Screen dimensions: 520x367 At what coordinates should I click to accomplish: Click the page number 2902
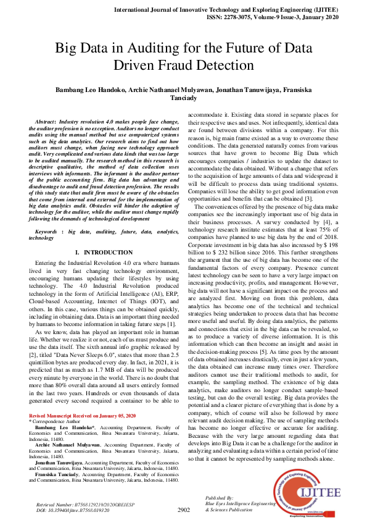(184, 510)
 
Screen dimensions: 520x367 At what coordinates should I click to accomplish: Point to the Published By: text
(219, 497)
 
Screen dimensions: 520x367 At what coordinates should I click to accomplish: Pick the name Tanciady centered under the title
(183, 99)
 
